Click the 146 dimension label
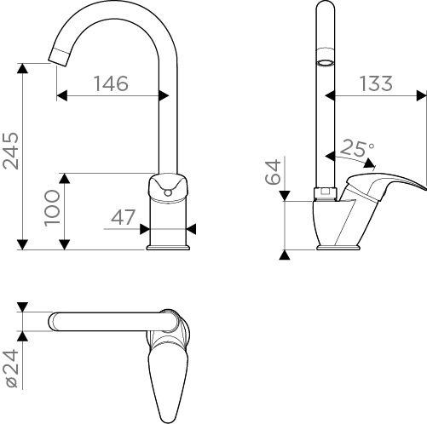click(111, 83)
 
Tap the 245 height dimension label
click(11, 151)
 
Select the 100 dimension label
click(53, 208)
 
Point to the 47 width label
click(123, 217)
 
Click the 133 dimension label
click(376, 83)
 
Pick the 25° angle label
click(357, 147)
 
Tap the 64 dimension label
click(273, 172)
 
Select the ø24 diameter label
click(11, 369)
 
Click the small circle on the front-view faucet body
click(168, 193)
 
